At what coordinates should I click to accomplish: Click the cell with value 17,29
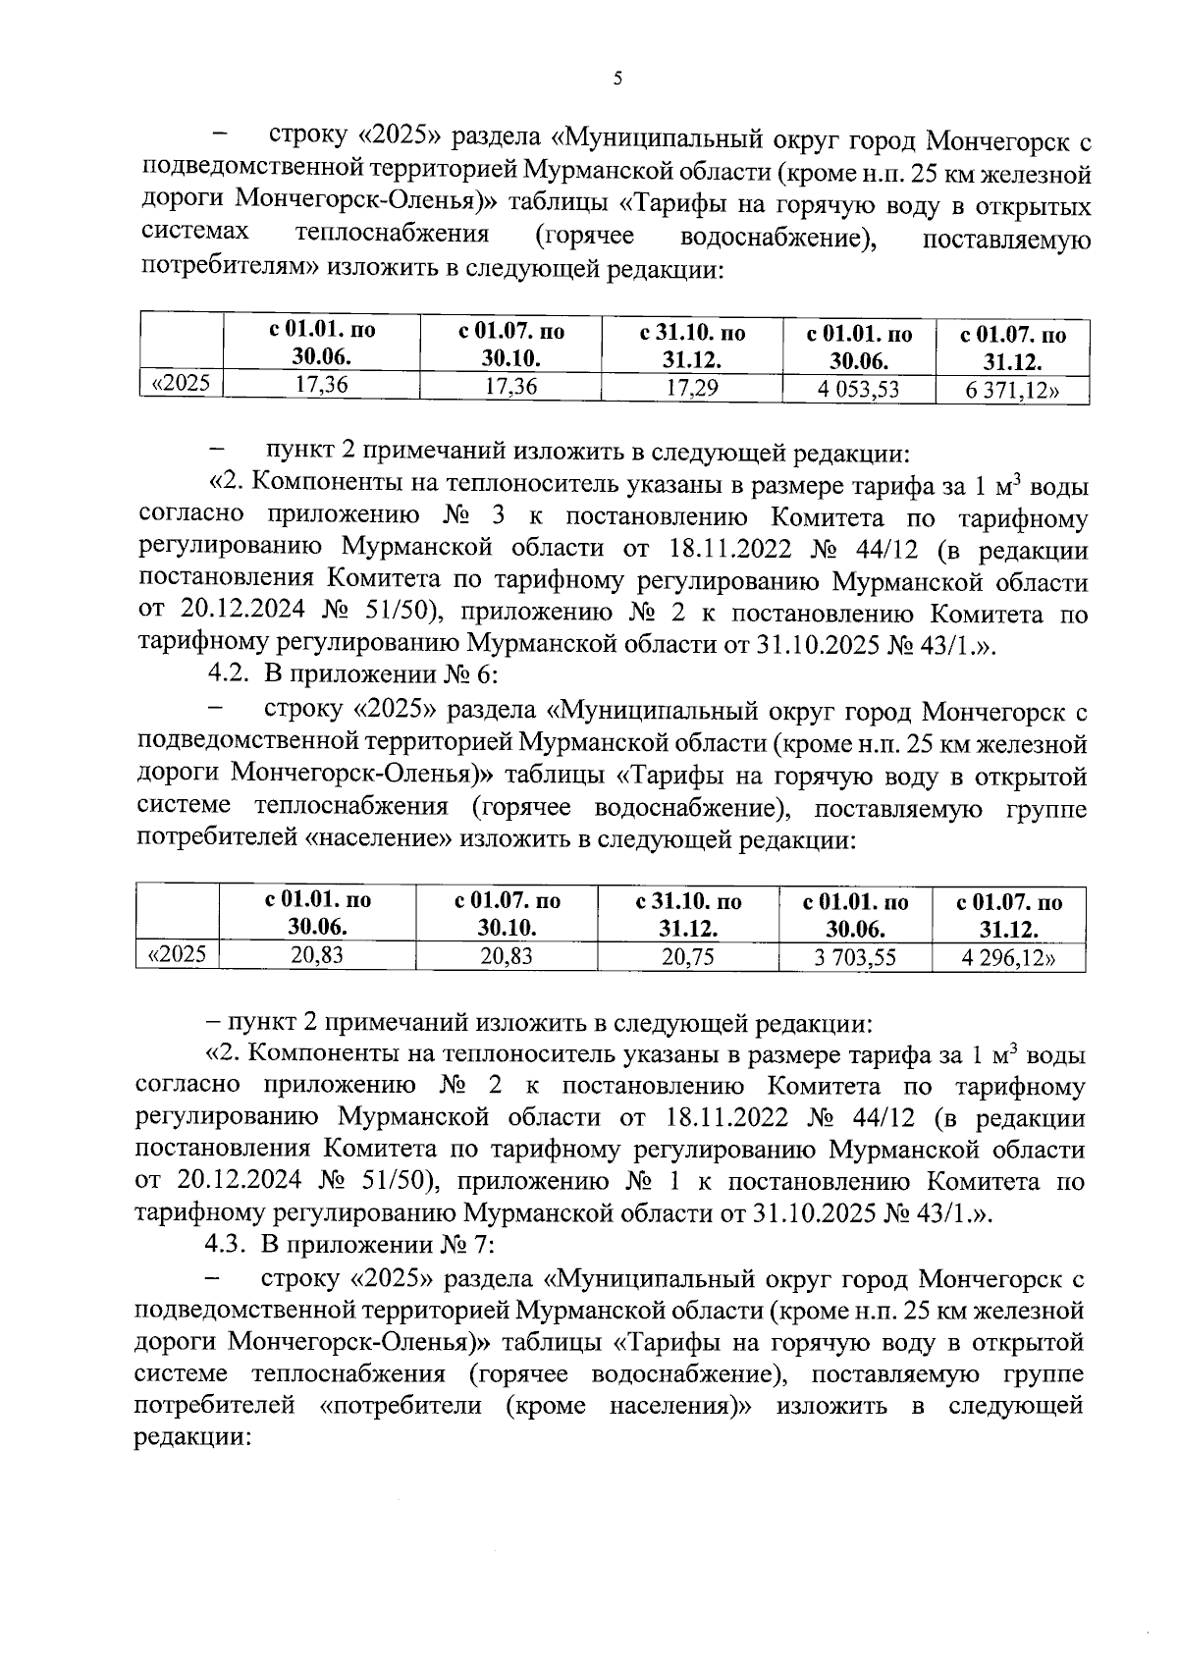[x=692, y=387]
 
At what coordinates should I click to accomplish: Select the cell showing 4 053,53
[x=858, y=390]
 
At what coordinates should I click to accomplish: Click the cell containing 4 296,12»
[x=1008, y=958]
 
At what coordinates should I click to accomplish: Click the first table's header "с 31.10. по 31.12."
[x=692, y=347]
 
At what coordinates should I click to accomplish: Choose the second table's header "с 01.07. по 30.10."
[x=508, y=914]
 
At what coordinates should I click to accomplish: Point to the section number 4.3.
[x=227, y=1246]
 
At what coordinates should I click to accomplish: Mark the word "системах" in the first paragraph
[x=194, y=235]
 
